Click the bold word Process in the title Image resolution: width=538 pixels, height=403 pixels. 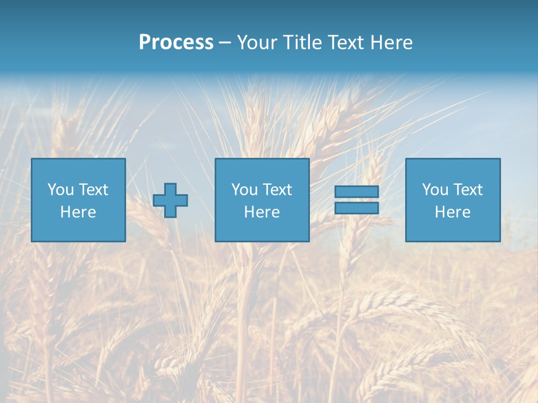point(176,43)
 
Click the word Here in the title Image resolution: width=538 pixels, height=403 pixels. point(392,43)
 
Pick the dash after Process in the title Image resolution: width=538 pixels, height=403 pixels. point(225,43)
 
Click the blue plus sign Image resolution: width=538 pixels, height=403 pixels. point(170,200)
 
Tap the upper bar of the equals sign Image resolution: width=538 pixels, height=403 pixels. point(356,191)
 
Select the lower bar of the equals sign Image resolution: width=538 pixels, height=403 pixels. point(356,208)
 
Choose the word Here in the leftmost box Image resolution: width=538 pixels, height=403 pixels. point(78,212)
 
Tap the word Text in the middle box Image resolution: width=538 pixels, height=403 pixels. point(276,190)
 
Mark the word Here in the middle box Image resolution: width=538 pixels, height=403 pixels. point(262,212)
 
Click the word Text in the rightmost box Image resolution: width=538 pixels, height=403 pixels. point(467,190)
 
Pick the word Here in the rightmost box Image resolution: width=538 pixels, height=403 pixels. point(452,212)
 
